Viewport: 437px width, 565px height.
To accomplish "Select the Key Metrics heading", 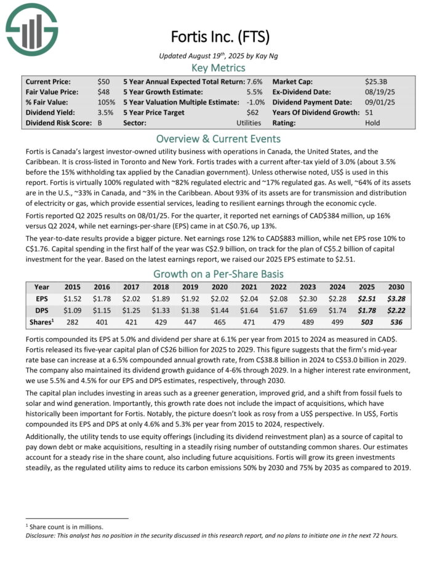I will coord(218,68).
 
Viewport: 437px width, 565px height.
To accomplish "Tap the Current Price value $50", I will coord(104,81).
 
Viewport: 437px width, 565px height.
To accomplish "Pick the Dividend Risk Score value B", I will coord(100,123).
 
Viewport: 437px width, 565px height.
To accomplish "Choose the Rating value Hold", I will coord(373,123).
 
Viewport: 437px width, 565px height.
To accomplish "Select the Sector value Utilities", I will coord(249,123).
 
